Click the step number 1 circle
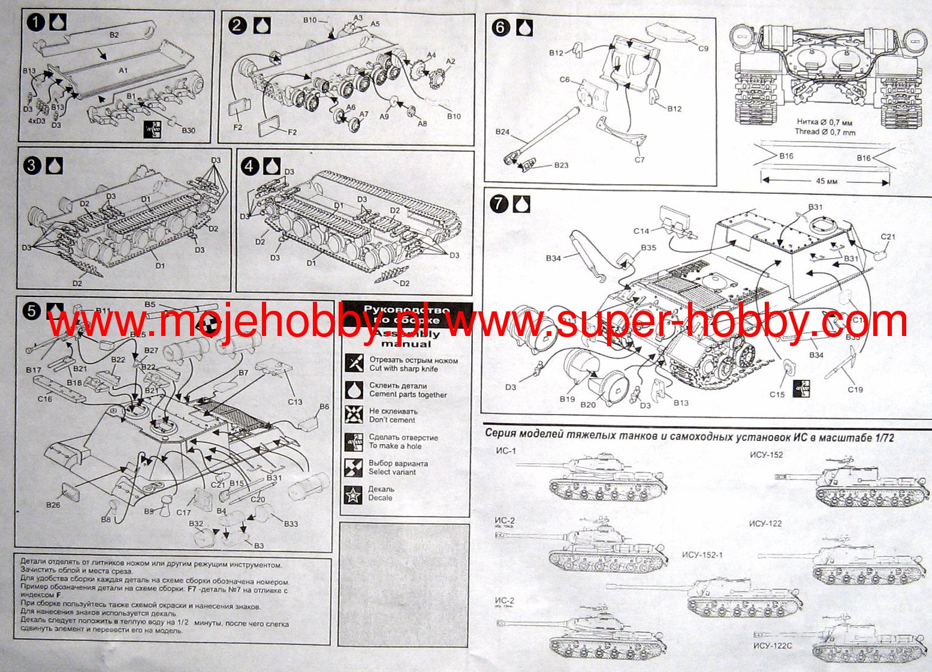point(36,23)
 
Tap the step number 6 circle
point(500,28)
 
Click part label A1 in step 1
point(123,71)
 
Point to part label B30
point(188,131)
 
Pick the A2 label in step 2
point(450,61)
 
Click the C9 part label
point(702,48)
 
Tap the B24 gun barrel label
point(502,131)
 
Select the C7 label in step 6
point(640,160)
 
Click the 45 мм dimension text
point(826,181)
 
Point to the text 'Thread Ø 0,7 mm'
point(825,132)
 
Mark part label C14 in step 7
point(641,230)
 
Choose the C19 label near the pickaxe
point(855,389)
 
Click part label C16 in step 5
point(44,398)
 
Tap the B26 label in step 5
point(53,505)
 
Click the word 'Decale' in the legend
point(381,498)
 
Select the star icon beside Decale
point(354,494)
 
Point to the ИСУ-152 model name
point(767,455)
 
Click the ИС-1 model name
point(505,450)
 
